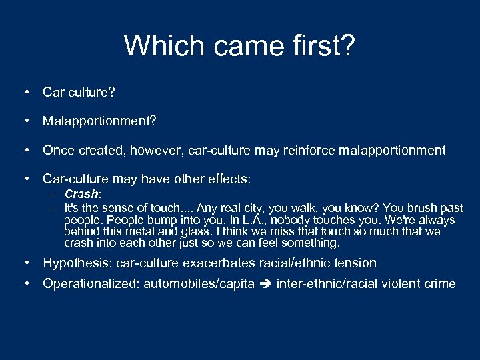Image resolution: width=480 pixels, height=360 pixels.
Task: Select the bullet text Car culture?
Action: click(x=79, y=92)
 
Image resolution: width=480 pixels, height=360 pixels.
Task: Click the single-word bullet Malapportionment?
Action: click(x=99, y=121)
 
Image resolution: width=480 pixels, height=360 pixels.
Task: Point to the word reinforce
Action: click(x=312, y=150)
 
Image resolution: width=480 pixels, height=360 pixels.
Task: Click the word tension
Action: click(x=355, y=263)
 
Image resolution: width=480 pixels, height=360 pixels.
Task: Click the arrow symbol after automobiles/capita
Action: click(x=267, y=284)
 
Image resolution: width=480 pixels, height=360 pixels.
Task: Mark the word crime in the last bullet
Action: click(x=440, y=284)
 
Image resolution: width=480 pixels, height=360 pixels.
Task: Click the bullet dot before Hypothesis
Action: click(x=27, y=263)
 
